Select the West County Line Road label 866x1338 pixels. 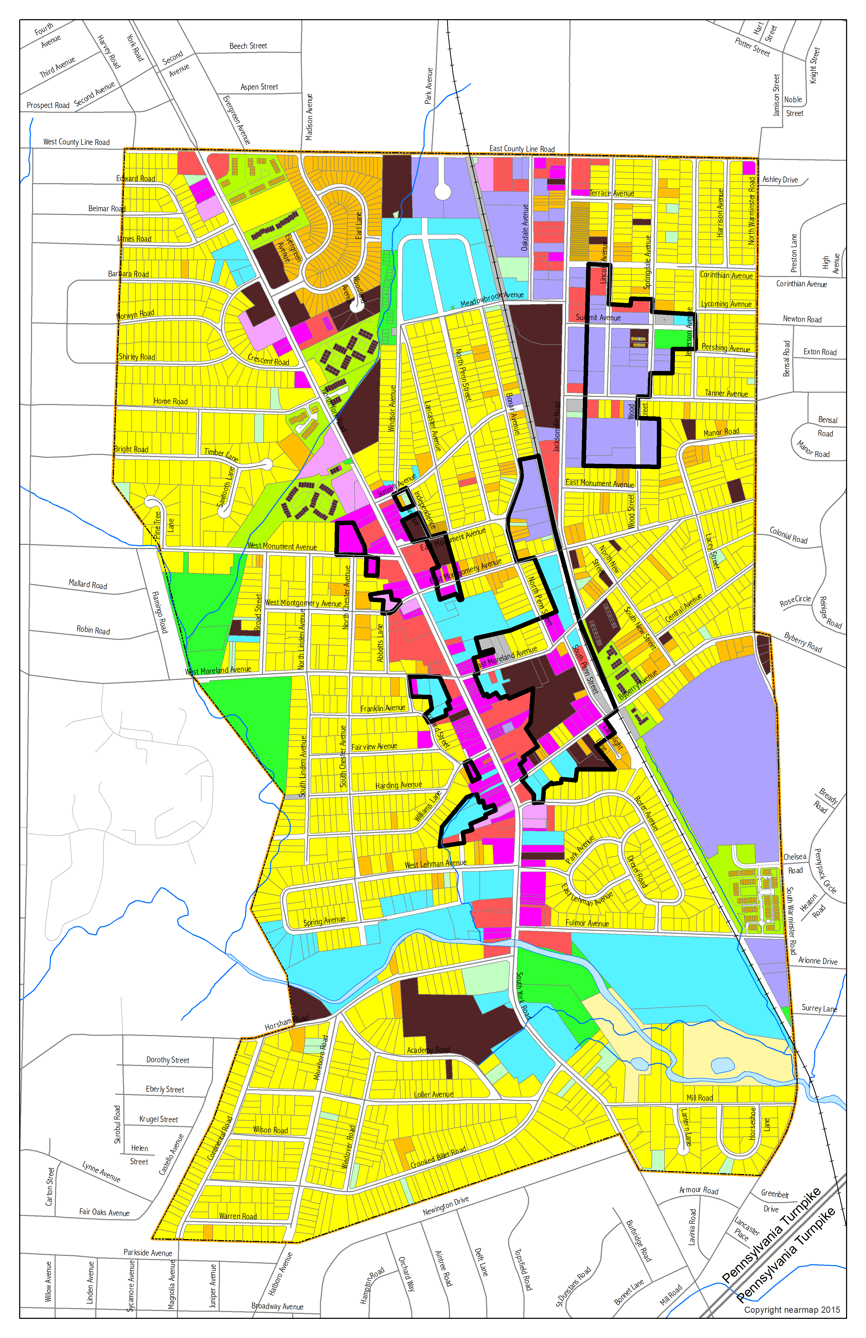point(76,142)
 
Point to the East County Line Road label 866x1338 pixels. point(522,149)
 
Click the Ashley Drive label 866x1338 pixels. point(780,180)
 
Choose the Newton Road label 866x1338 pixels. point(802,319)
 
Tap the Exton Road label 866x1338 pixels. point(820,352)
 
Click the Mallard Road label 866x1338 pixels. point(88,585)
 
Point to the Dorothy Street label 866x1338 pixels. point(168,1060)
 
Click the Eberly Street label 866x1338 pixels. point(165,1090)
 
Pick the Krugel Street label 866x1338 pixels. point(159,1119)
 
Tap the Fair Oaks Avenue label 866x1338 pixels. point(104,1213)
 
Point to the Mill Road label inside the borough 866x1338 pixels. point(700,1098)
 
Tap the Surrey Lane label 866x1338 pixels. point(819,1008)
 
